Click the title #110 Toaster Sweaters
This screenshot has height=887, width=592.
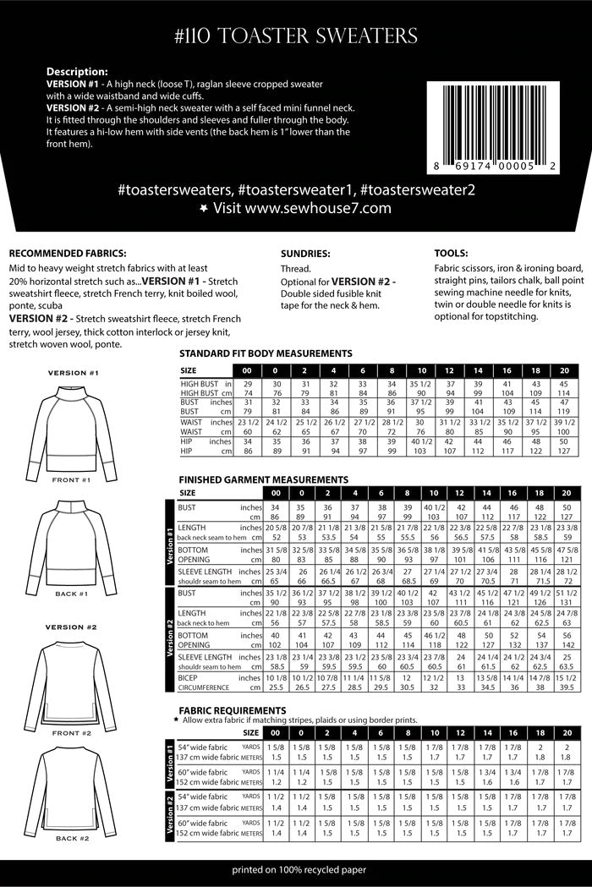pyautogui.click(x=296, y=35)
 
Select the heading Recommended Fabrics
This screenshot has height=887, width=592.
pyautogui.click(x=67, y=253)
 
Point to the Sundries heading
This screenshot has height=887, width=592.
pyautogui.click(x=305, y=253)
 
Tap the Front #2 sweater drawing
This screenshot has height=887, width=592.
pyautogui.click(x=73, y=685)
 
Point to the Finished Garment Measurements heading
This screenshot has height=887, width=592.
pyautogui.click(x=263, y=479)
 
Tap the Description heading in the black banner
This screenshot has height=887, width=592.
pyautogui.click(x=76, y=72)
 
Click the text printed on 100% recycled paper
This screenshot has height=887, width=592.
pyautogui.click(x=295, y=869)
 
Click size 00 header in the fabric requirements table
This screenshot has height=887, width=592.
pyautogui.click(x=275, y=732)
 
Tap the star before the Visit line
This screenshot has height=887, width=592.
pyautogui.click(x=202, y=207)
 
